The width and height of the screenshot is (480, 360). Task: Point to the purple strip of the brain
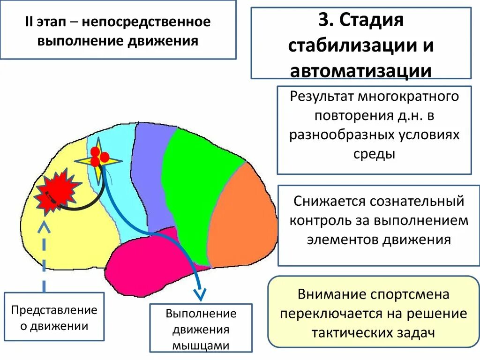point(152,173)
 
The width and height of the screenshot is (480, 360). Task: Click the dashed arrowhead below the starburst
point(45,227)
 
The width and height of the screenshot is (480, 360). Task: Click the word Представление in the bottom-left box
point(54,310)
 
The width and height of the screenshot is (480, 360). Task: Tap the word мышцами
point(201,346)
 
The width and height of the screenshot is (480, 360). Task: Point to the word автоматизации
point(360,71)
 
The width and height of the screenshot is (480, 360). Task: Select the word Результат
point(322,97)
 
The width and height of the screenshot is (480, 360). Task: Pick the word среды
point(374,153)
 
